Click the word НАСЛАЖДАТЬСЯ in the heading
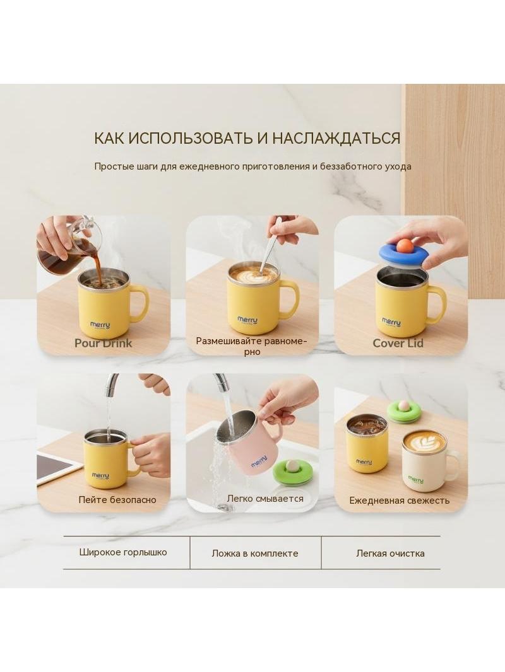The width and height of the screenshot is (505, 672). click(336, 139)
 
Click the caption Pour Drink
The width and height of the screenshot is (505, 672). click(103, 343)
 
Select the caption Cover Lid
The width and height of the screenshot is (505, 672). click(398, 344)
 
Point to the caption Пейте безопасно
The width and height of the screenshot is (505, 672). click(117, 500)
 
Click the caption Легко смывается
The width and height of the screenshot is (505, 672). click(265, 499)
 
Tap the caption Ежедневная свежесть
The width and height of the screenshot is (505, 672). click(399, 500)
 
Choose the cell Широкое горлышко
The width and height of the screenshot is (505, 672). click(122, 552)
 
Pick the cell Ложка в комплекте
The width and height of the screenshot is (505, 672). click(255, 553)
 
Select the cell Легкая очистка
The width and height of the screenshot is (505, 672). click(391, 553)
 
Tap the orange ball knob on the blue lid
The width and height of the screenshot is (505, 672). click(404, 246)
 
